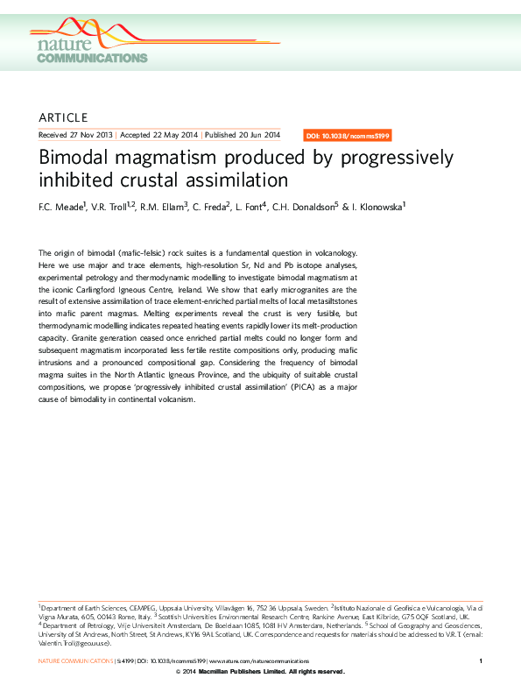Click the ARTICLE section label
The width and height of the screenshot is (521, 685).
pyautogui.click(x=64, y=117)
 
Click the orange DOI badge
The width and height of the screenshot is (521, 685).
pyautogui.click(x=348, y=136)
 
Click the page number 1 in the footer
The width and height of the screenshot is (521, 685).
pyautogui.click(x=482, y=660)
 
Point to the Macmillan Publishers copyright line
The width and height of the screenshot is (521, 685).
pyautogui.click(x=260, y=671)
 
